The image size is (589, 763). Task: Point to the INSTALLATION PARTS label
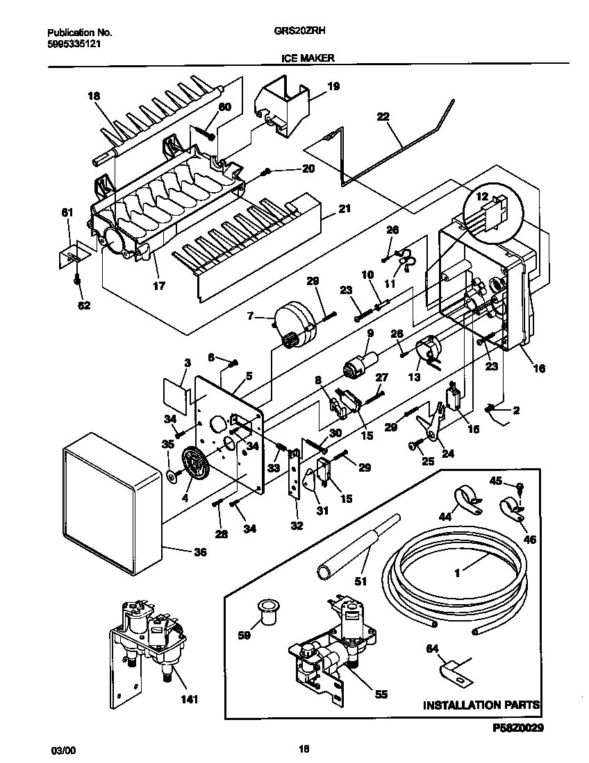[482, 705]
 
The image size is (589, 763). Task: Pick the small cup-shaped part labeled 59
[266, 610]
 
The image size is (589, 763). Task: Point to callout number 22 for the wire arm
[383, 117]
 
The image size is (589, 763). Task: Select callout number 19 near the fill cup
[333, 87]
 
